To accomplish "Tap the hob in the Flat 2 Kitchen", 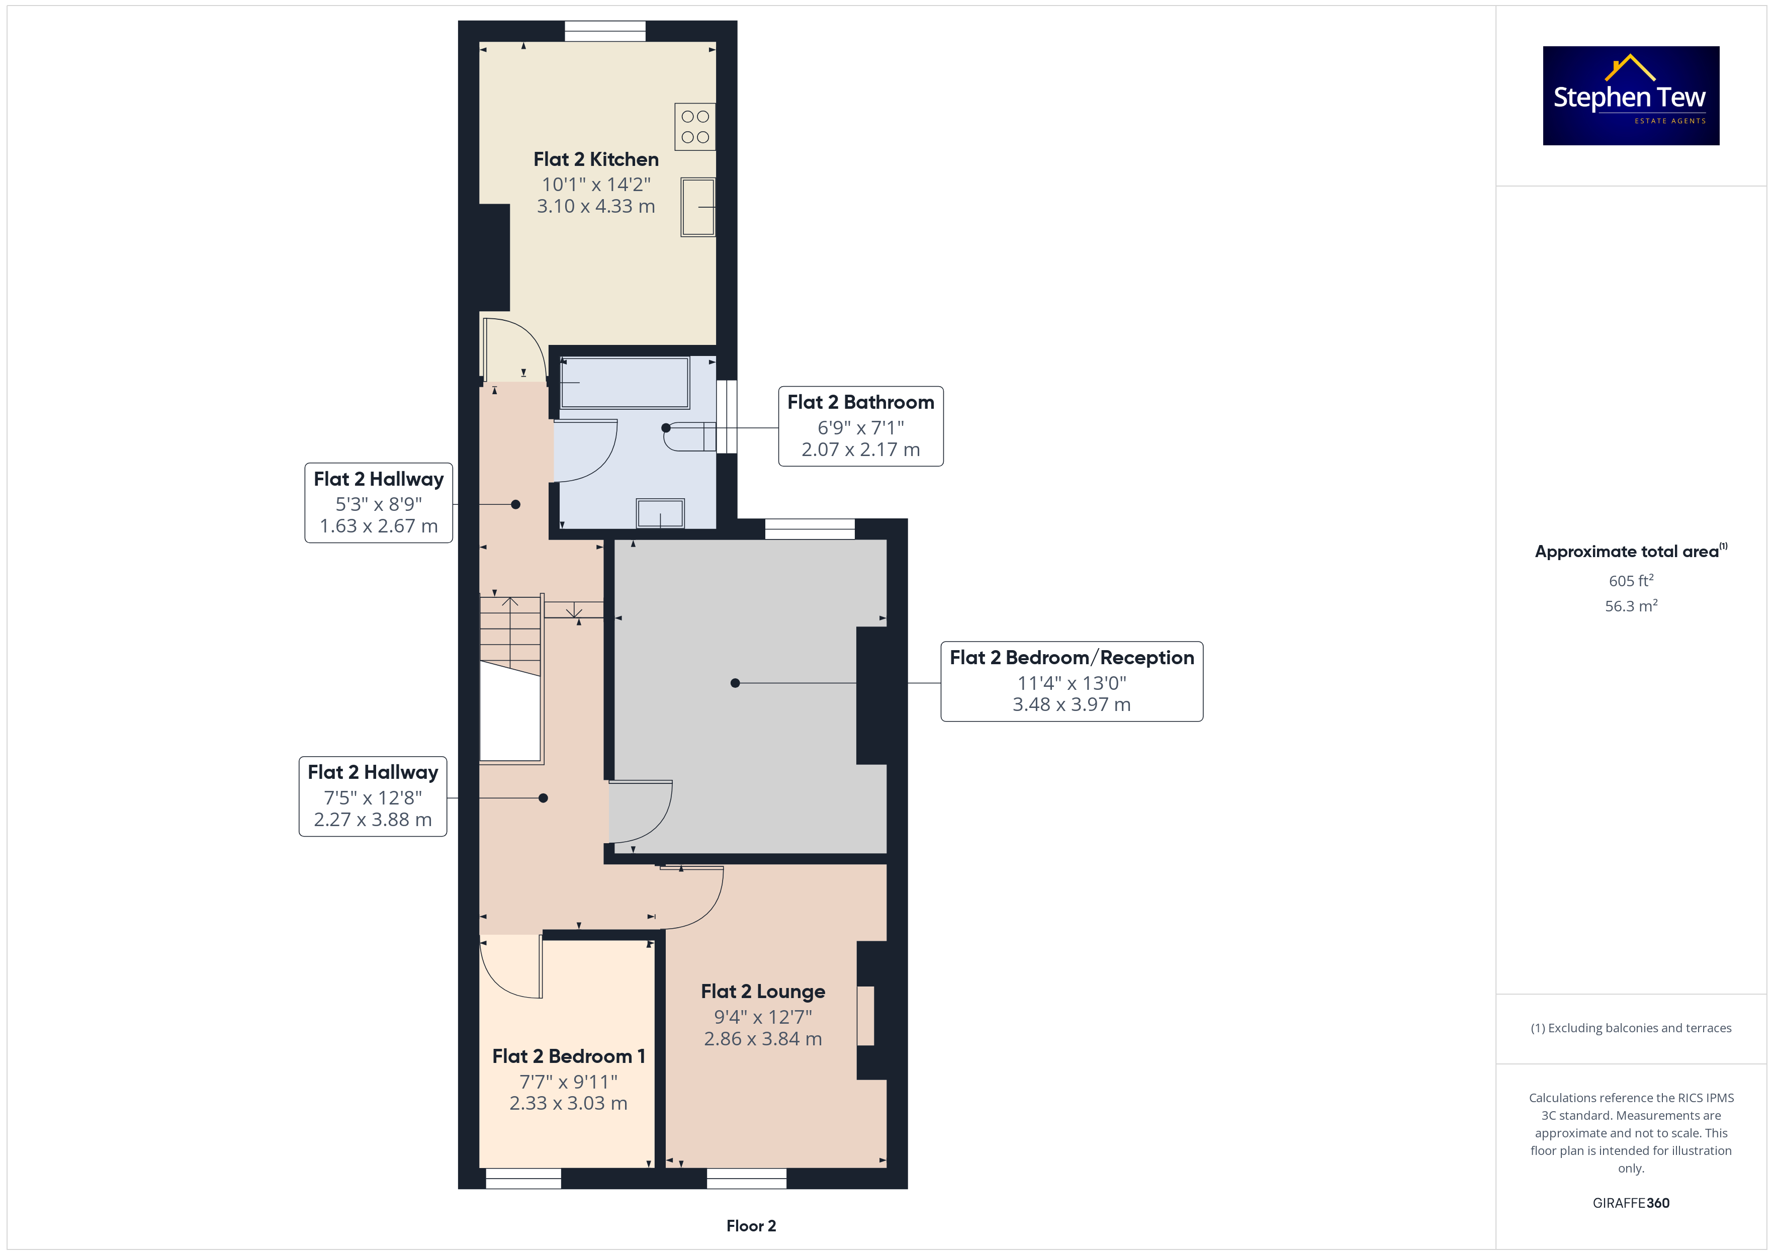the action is pyautogui.click(x=694, y=127).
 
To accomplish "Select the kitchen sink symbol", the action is pyautogui.click(x=698, y=207).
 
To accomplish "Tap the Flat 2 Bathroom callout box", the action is pyautogui.click(x=861, y=426).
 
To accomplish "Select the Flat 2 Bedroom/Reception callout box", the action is pyautogui.click(x=1072, y=681).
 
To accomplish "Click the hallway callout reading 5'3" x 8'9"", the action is pyautogui.click(x=379, y=502).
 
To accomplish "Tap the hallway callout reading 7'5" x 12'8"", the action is pyautogui.click(x=373, y=796).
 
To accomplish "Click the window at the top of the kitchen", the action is pyautogui.click(x=605, y=31).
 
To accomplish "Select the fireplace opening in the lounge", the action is pyautogui.click(x=865, y=1016).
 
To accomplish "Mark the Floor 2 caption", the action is pyautogui.click(x=751, y=1226).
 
